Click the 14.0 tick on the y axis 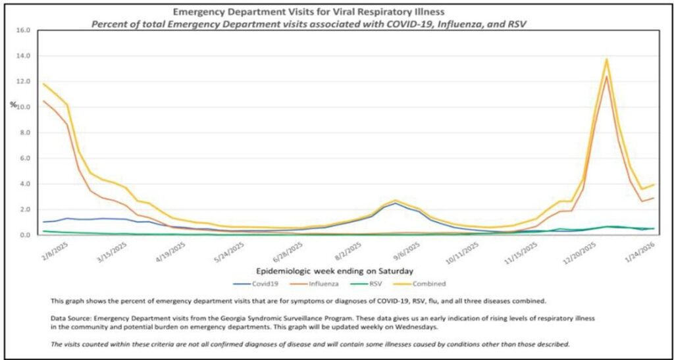pos(22,56)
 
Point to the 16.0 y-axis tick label pos(22,30)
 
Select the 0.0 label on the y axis pos(24,235)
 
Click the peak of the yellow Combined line pos(606,60)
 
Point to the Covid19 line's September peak pos(394,203)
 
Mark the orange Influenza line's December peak pos(606,76)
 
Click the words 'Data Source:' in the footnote pos(70,317)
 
